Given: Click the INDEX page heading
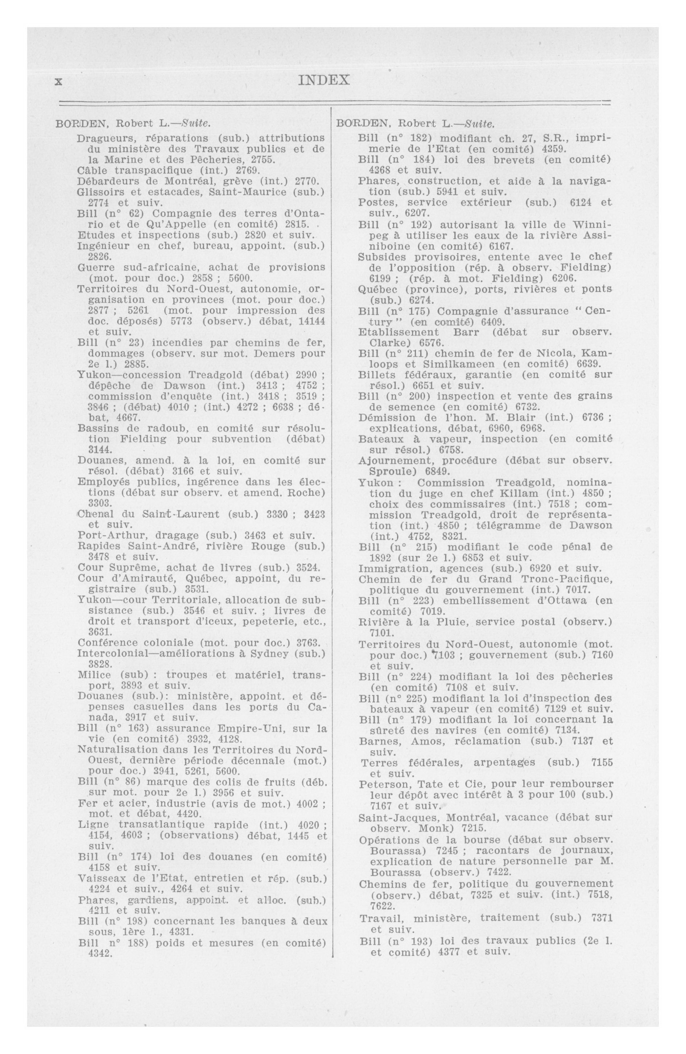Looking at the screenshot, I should pyautogui.click(x=324, y=80).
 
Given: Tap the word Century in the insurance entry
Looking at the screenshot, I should pyautogui.click(x=595, y=311).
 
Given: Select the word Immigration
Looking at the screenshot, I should pyautogui.click(x=387, y=568).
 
